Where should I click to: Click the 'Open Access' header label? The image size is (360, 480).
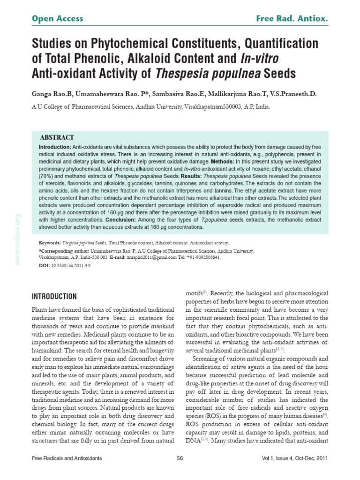tap(57, 19)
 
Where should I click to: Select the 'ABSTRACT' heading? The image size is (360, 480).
tap(57, 137)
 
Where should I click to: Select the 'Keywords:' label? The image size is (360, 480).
tap(49, 243)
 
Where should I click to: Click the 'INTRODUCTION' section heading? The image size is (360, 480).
tap(54, 297)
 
